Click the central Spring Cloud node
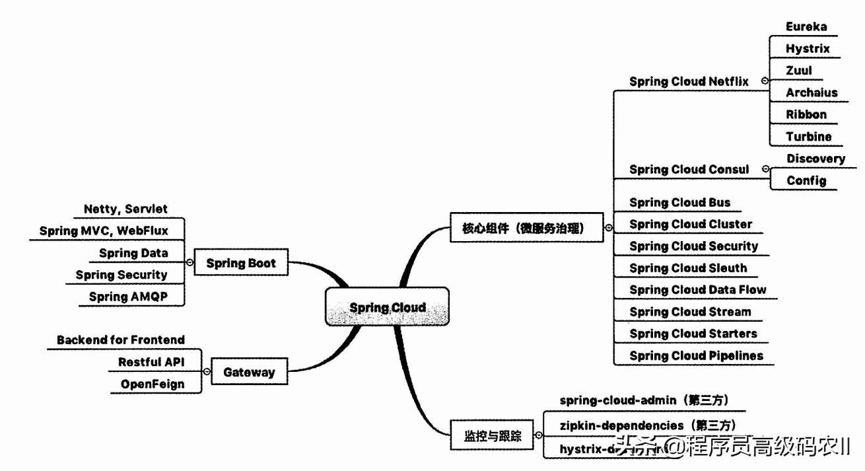[388, 307]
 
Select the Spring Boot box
[240, 263]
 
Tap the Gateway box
[248, 372]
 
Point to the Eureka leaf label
[806, 26]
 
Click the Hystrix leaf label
[808, 48]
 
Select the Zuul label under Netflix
[799, 70]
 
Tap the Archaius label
[812, 92]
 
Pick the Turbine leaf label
[808, 137]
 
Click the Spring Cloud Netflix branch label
[689, 81]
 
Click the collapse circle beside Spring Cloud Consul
[765, 169]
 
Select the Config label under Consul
[806, 180]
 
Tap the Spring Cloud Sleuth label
[688, 268]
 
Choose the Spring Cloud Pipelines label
[696, 355]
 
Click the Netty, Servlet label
[125, 209]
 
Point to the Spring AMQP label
[128, 297]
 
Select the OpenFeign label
[152, 384]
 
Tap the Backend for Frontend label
[120, 340]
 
